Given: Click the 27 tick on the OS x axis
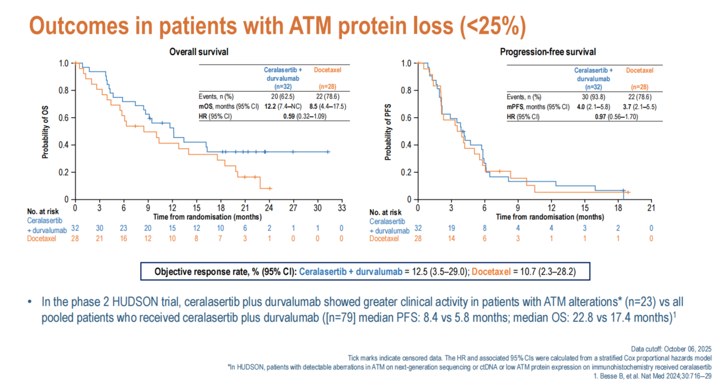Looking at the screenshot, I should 293,207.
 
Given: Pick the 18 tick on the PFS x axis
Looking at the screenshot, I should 618,207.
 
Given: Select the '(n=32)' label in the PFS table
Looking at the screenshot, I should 593,87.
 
